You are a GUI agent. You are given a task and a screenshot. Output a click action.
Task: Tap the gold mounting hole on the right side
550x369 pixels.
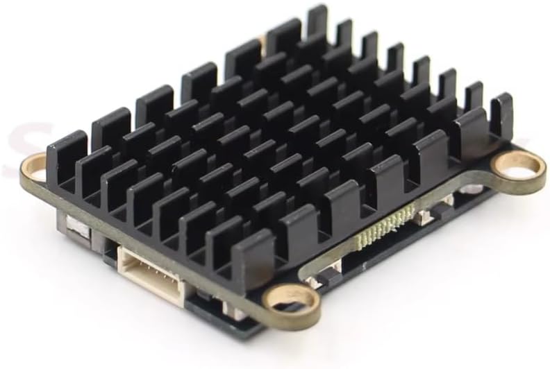point(517,166)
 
